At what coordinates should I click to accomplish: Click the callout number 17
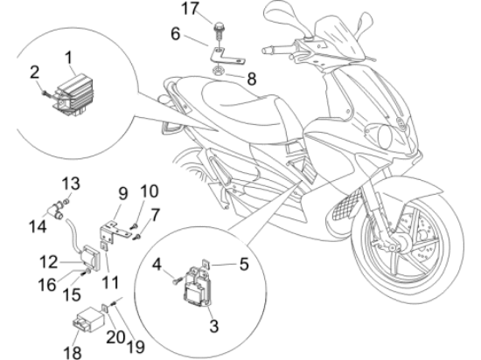click(191, 8)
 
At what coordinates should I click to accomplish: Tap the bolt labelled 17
click(218, 31)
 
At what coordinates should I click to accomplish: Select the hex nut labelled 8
click(219, 72)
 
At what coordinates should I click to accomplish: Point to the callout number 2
click(35, 73)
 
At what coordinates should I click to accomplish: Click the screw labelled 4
click(177, 280)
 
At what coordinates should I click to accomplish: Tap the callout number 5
click(244, 264)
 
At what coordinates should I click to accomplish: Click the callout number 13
click(71, 183)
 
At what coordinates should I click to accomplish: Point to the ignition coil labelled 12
click(90, 258)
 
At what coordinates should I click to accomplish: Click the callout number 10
click(150, 190)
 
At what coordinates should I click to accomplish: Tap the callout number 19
click(136, 347)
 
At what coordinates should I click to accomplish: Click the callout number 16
click(47, 285)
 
